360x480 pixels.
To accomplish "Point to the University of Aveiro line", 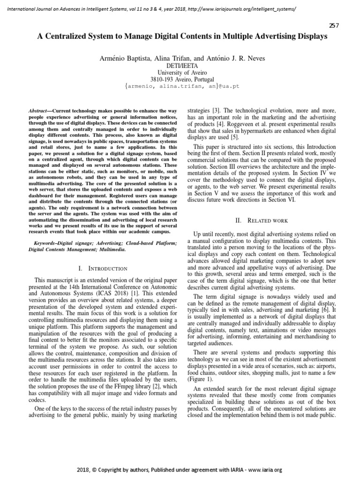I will coord(183,73).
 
